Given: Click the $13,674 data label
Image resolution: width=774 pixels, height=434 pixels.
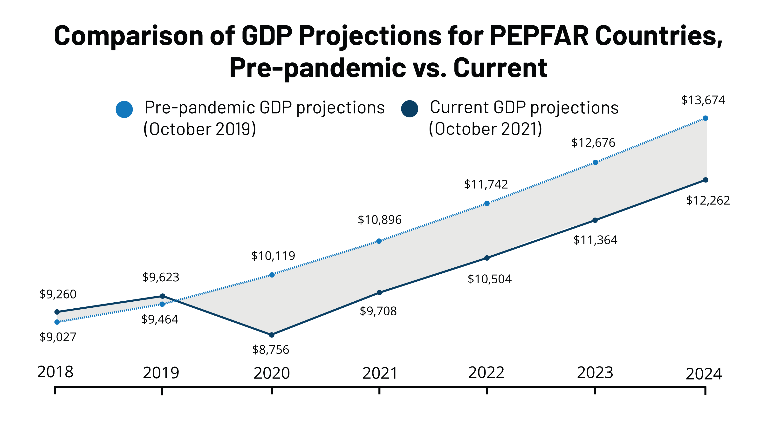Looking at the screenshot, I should [x=703, y=100].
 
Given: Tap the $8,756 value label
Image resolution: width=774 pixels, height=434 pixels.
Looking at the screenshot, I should [x=270, y=350].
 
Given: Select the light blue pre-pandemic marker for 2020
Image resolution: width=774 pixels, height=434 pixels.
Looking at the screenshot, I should [x=272, y=275].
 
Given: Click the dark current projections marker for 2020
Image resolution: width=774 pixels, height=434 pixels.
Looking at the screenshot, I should [x=272, y=335].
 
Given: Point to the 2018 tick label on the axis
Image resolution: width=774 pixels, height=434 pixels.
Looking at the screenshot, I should [x=55, y=372].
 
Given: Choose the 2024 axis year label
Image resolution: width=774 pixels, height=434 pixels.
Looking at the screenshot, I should [x=704, y=374].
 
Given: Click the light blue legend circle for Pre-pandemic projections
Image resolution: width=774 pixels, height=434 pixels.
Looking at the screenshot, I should [x=124, y=109].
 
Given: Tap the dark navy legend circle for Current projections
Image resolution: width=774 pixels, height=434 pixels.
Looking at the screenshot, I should [x=410, y=109].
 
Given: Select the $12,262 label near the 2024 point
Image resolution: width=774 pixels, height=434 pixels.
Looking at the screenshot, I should [x=708, y=201].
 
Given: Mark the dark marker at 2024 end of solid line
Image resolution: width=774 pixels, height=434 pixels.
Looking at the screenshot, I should [x=706, y=180].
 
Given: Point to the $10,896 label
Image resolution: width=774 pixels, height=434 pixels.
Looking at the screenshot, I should [x=379, y=220].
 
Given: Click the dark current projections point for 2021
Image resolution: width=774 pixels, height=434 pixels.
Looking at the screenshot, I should [x=379, y=292].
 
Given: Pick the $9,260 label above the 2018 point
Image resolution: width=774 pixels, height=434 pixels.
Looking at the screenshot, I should [x=58, y=294].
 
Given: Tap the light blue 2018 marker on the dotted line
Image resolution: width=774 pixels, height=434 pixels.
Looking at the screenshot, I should [x=57, y=322].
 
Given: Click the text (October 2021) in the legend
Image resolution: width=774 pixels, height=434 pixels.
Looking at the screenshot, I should [x=485, y=129].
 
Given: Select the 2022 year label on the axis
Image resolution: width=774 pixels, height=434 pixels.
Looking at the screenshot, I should [x=486, y=373].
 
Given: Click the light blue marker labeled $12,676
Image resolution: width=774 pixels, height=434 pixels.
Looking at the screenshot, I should [x=595, y=163].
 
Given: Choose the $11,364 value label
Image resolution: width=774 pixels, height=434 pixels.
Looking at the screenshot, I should [x=595, y=240].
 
